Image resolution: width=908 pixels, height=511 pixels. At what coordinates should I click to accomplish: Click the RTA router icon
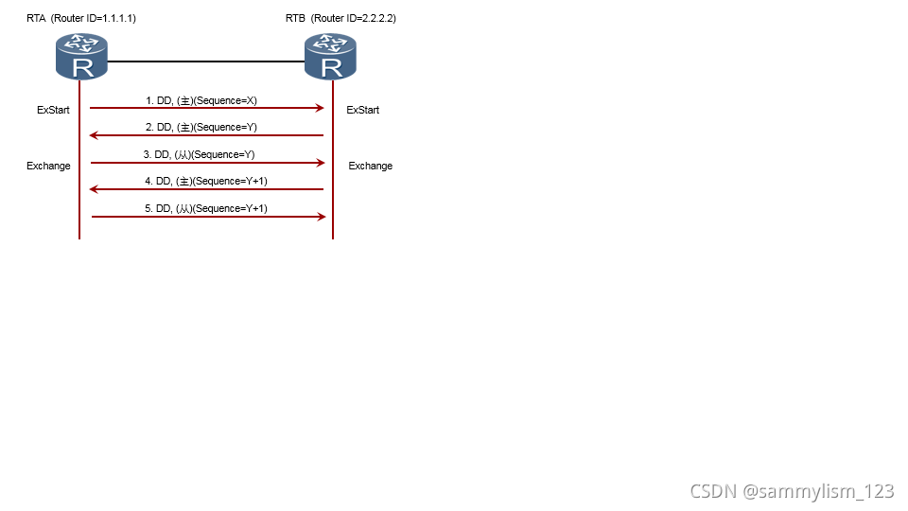pos(82,56)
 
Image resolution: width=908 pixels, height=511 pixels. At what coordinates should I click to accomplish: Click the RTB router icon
pos(330,56)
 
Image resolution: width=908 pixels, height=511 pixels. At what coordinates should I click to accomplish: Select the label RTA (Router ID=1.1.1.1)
pos(81,18)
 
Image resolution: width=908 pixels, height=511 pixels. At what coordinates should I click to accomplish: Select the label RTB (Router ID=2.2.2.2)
pos(340,18)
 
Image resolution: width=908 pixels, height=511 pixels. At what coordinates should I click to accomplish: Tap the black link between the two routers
pos(206,62)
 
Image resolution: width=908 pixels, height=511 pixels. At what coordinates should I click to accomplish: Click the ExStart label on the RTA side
pos(53,110)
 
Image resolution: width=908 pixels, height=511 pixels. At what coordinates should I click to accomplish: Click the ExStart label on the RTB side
pos(362,110)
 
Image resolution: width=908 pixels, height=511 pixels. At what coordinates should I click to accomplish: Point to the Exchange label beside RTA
pos(48,166)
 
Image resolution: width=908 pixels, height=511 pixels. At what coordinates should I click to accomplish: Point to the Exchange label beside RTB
pos(370,166)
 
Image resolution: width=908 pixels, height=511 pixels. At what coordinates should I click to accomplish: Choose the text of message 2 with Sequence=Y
pos(207,127)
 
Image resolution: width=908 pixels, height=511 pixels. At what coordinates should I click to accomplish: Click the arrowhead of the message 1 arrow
pos(320,108)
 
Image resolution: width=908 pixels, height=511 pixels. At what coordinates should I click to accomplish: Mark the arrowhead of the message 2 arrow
pos(94,135)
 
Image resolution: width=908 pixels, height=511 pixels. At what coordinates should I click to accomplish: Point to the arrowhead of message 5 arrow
pos(321,217)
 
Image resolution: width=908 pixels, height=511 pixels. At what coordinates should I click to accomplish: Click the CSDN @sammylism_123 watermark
pos(792,491)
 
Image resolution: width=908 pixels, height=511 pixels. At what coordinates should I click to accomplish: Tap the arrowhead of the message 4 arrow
pos(94,189)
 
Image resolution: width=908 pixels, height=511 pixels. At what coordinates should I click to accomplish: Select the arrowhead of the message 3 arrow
pos(321,163)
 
